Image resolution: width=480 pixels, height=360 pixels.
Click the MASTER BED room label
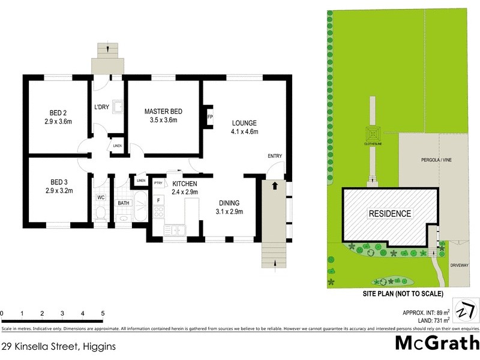click(x=163, y=112)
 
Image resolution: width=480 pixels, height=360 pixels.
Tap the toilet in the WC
click(x=101, y=214)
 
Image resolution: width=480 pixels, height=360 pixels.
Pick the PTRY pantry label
click(x=158, y=183)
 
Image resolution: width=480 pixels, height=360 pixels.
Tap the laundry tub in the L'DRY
click(x=118, y=107)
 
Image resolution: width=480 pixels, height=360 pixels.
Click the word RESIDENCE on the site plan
click(x=389, y=213)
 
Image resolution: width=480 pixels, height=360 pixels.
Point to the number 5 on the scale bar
click(x=103, y=313)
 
